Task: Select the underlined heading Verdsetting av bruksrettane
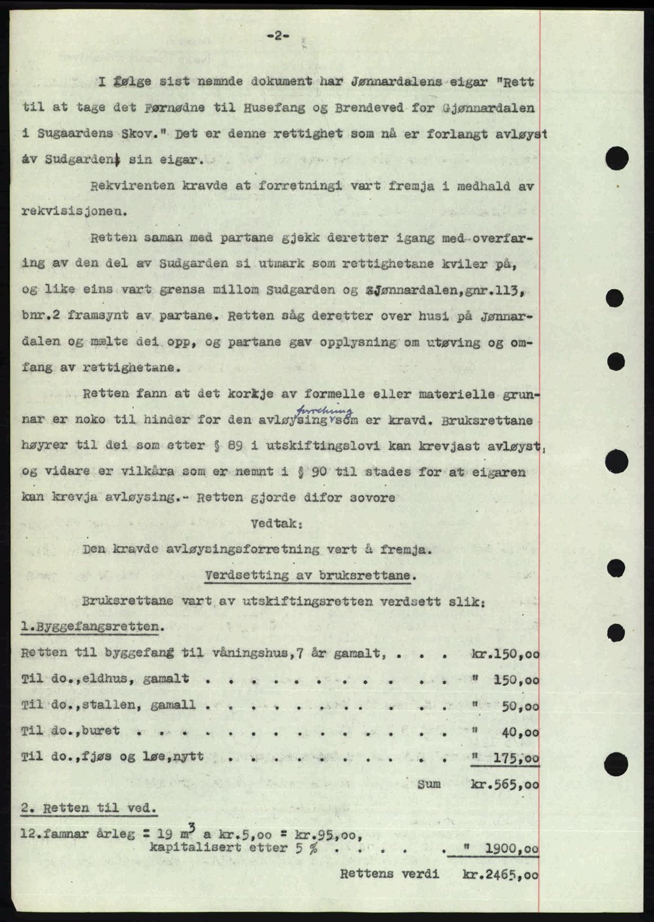click(312, 575)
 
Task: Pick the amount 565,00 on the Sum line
click(515, 784)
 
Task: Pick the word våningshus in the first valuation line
click(241, 654)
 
